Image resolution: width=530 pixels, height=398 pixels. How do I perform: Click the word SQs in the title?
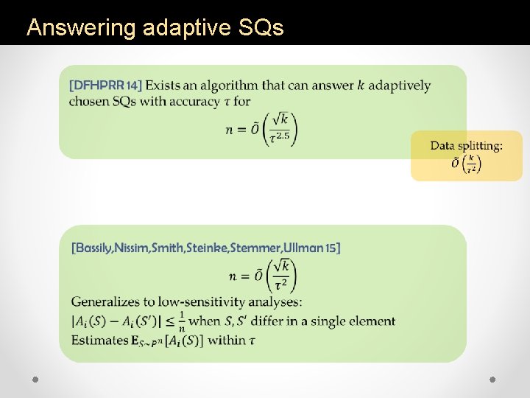261,28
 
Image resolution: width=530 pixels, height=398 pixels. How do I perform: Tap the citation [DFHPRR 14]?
105,85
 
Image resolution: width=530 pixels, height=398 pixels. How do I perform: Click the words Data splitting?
467,146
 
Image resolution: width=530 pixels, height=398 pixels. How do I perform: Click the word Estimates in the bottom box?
99,341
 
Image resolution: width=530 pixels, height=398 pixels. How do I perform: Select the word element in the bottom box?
372,321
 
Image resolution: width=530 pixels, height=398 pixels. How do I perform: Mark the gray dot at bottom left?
35,379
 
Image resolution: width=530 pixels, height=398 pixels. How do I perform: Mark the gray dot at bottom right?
493,379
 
